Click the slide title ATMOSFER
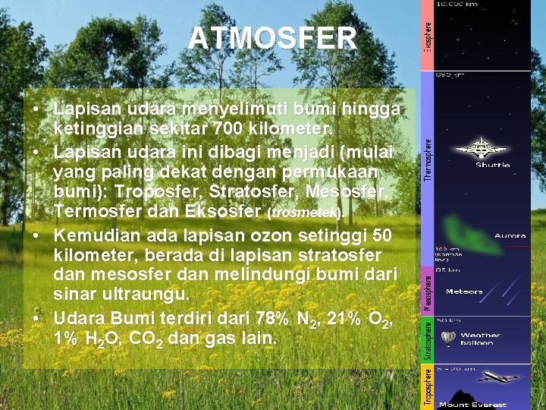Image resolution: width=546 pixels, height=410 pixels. pyautogui.click(x=272, y=39)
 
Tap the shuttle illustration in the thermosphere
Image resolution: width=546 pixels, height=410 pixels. pyautogui.click(x=480, y=147)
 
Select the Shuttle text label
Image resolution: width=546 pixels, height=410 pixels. pyautogui.click(x=492, y=165)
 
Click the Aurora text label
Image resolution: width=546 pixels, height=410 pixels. pyautogui.click(x=510, y=236)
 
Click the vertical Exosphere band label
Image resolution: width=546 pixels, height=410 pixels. pyautogui.click(x=428, y=35)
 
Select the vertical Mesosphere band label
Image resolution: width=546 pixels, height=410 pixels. pyautogui.click(x=428, y=293)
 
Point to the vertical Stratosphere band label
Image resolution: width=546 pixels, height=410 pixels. pyautogui.click(x=428, y=339)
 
